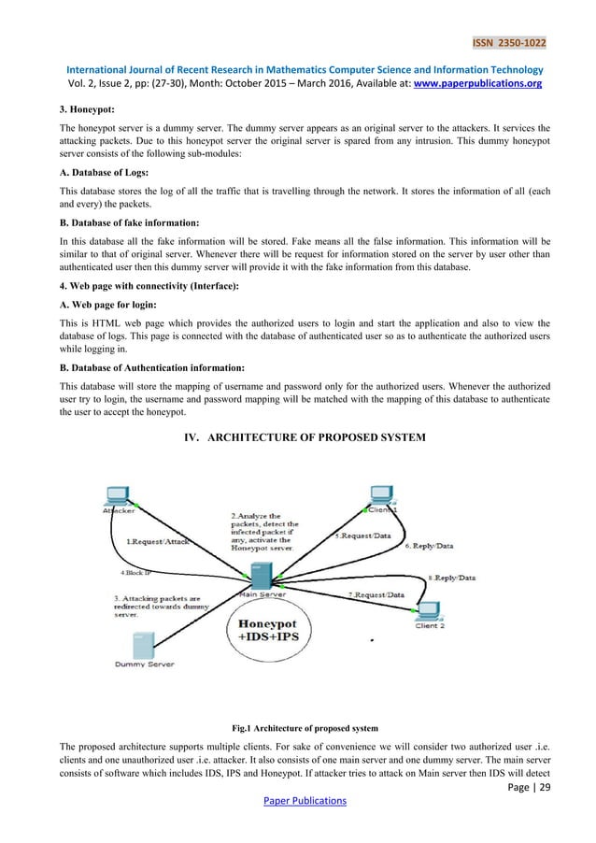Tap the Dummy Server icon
pos(143,644)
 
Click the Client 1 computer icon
pos(378,495)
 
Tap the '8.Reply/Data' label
pos(451,579)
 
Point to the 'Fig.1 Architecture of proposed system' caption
pos(298,725)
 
